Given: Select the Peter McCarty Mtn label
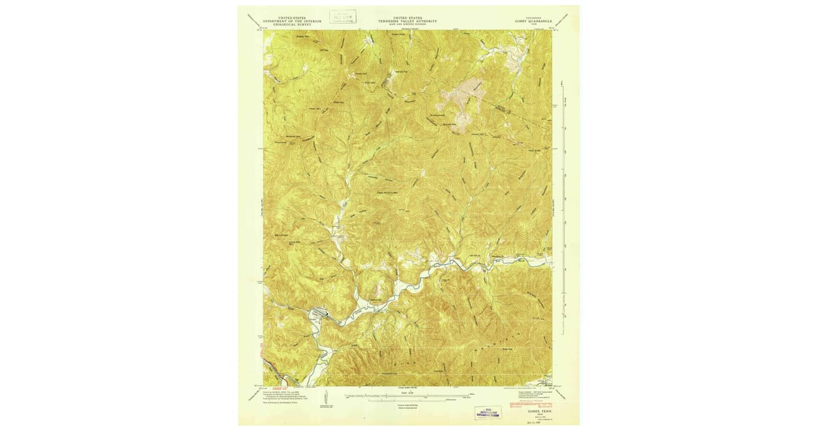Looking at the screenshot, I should [389, 192].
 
